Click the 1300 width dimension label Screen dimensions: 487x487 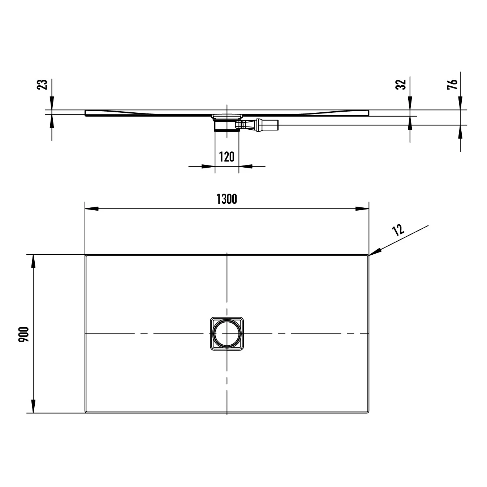227,199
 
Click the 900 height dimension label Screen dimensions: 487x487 24,335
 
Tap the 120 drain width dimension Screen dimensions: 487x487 227,157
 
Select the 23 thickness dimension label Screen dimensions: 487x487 43,84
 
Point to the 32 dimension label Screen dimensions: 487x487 401,84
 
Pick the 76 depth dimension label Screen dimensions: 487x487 453,84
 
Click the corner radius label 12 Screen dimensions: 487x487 398,230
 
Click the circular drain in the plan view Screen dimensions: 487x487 227,334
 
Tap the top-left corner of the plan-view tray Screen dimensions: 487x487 86,255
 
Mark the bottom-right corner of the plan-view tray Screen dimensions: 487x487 368,412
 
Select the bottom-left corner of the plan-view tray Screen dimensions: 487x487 86,412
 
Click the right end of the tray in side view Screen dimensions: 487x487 368,113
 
